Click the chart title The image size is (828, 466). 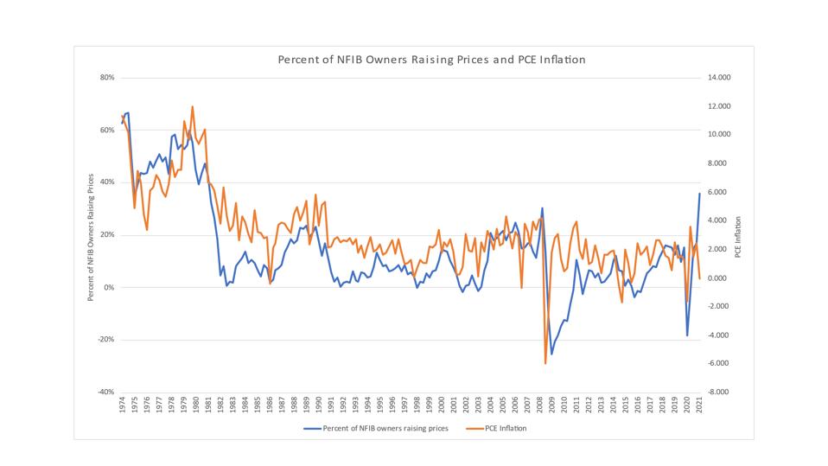tap(431, 61)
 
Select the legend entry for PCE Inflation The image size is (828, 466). tap(505, 428)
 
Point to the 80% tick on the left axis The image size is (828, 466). tap(107, 78)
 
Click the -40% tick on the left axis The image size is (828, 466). tap(106, 392)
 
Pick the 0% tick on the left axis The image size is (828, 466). tap(110, 287)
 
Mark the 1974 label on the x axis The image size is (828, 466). tap(122, 407)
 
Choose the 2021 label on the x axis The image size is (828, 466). tap(698, 407)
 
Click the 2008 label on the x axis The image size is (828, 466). tap(539, 407)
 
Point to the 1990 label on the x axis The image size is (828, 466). tap(318, 407)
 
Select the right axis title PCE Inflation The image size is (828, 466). tap(738, 235)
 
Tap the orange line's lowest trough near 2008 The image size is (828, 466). tap(545, 363)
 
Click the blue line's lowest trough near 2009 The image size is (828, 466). tap(551, 354)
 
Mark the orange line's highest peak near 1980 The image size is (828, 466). tap(192, 107)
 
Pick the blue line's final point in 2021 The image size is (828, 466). tap(699, 193)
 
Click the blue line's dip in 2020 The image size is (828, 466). tap(687, 335)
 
